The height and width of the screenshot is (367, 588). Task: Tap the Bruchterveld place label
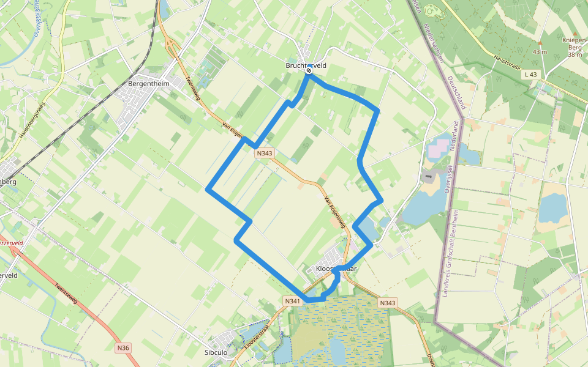[306, 65]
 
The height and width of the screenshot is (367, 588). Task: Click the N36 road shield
[123, 347]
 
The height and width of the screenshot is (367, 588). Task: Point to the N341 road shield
[293, 301]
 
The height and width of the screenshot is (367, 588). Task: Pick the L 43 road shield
[531, 74]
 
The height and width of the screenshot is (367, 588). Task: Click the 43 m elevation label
[540, 51]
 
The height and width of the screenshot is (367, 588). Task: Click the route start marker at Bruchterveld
[309, 70]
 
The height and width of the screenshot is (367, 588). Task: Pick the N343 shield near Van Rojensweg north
[265, 154]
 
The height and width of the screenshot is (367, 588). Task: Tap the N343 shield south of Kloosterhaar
[388, 303]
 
